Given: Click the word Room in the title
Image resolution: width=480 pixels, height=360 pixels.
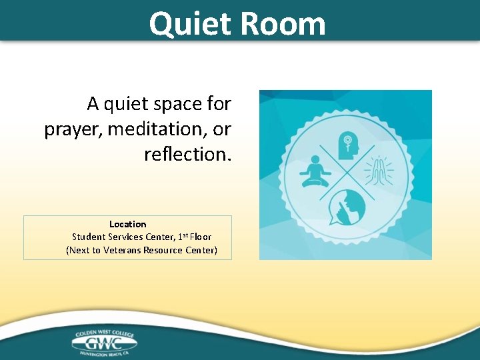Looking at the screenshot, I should [x=283, y=24].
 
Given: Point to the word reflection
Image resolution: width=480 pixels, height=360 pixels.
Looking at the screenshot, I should [x=187, y=154].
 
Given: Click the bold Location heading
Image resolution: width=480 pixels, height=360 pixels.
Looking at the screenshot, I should [x=127, y=225].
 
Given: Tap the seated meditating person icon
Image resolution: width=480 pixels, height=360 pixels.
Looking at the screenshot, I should [x=315, y=172].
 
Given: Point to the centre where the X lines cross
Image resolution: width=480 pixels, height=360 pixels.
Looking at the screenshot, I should [x=346, y=175].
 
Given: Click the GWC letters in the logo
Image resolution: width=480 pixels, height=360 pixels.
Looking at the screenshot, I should [x=104, y=342].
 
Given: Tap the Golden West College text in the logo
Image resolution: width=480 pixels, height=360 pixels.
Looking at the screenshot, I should [x=104, y=331].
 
